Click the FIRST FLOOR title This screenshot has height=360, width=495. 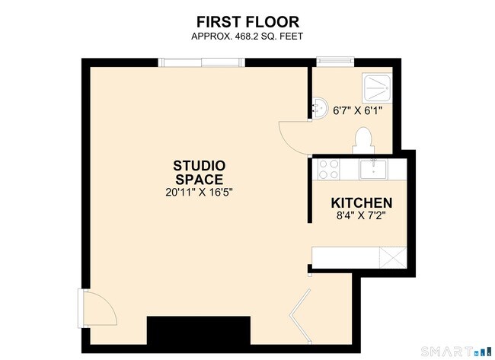(x=247, y=22)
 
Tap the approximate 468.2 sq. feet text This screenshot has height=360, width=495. (x=247, y=37)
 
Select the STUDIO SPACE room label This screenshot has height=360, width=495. (x=200, y=173)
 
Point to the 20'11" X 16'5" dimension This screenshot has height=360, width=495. (x=199, y=192)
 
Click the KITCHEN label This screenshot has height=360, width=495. (x=362, y=203)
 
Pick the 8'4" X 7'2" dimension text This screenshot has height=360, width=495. (x=362, y=216)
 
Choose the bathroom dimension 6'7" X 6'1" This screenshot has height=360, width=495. (x=358, y=111)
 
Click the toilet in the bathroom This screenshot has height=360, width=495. (x=363, y=140)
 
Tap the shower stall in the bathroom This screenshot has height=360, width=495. (x=377, y=88)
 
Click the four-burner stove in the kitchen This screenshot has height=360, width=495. (x=329, y=170)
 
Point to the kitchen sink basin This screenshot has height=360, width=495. (x=373, y=169)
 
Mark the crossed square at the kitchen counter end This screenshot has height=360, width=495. (x=393, y=258)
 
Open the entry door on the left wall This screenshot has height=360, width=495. (x=97, y=308)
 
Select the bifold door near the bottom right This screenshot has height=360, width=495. (x=300, y=316)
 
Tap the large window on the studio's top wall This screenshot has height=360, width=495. (x=201, y=62)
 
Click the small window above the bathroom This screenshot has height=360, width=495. (x=335, y=62)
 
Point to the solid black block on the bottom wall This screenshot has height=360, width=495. (x=199, y=330)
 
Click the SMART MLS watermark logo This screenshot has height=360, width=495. (x=457, y=351)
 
